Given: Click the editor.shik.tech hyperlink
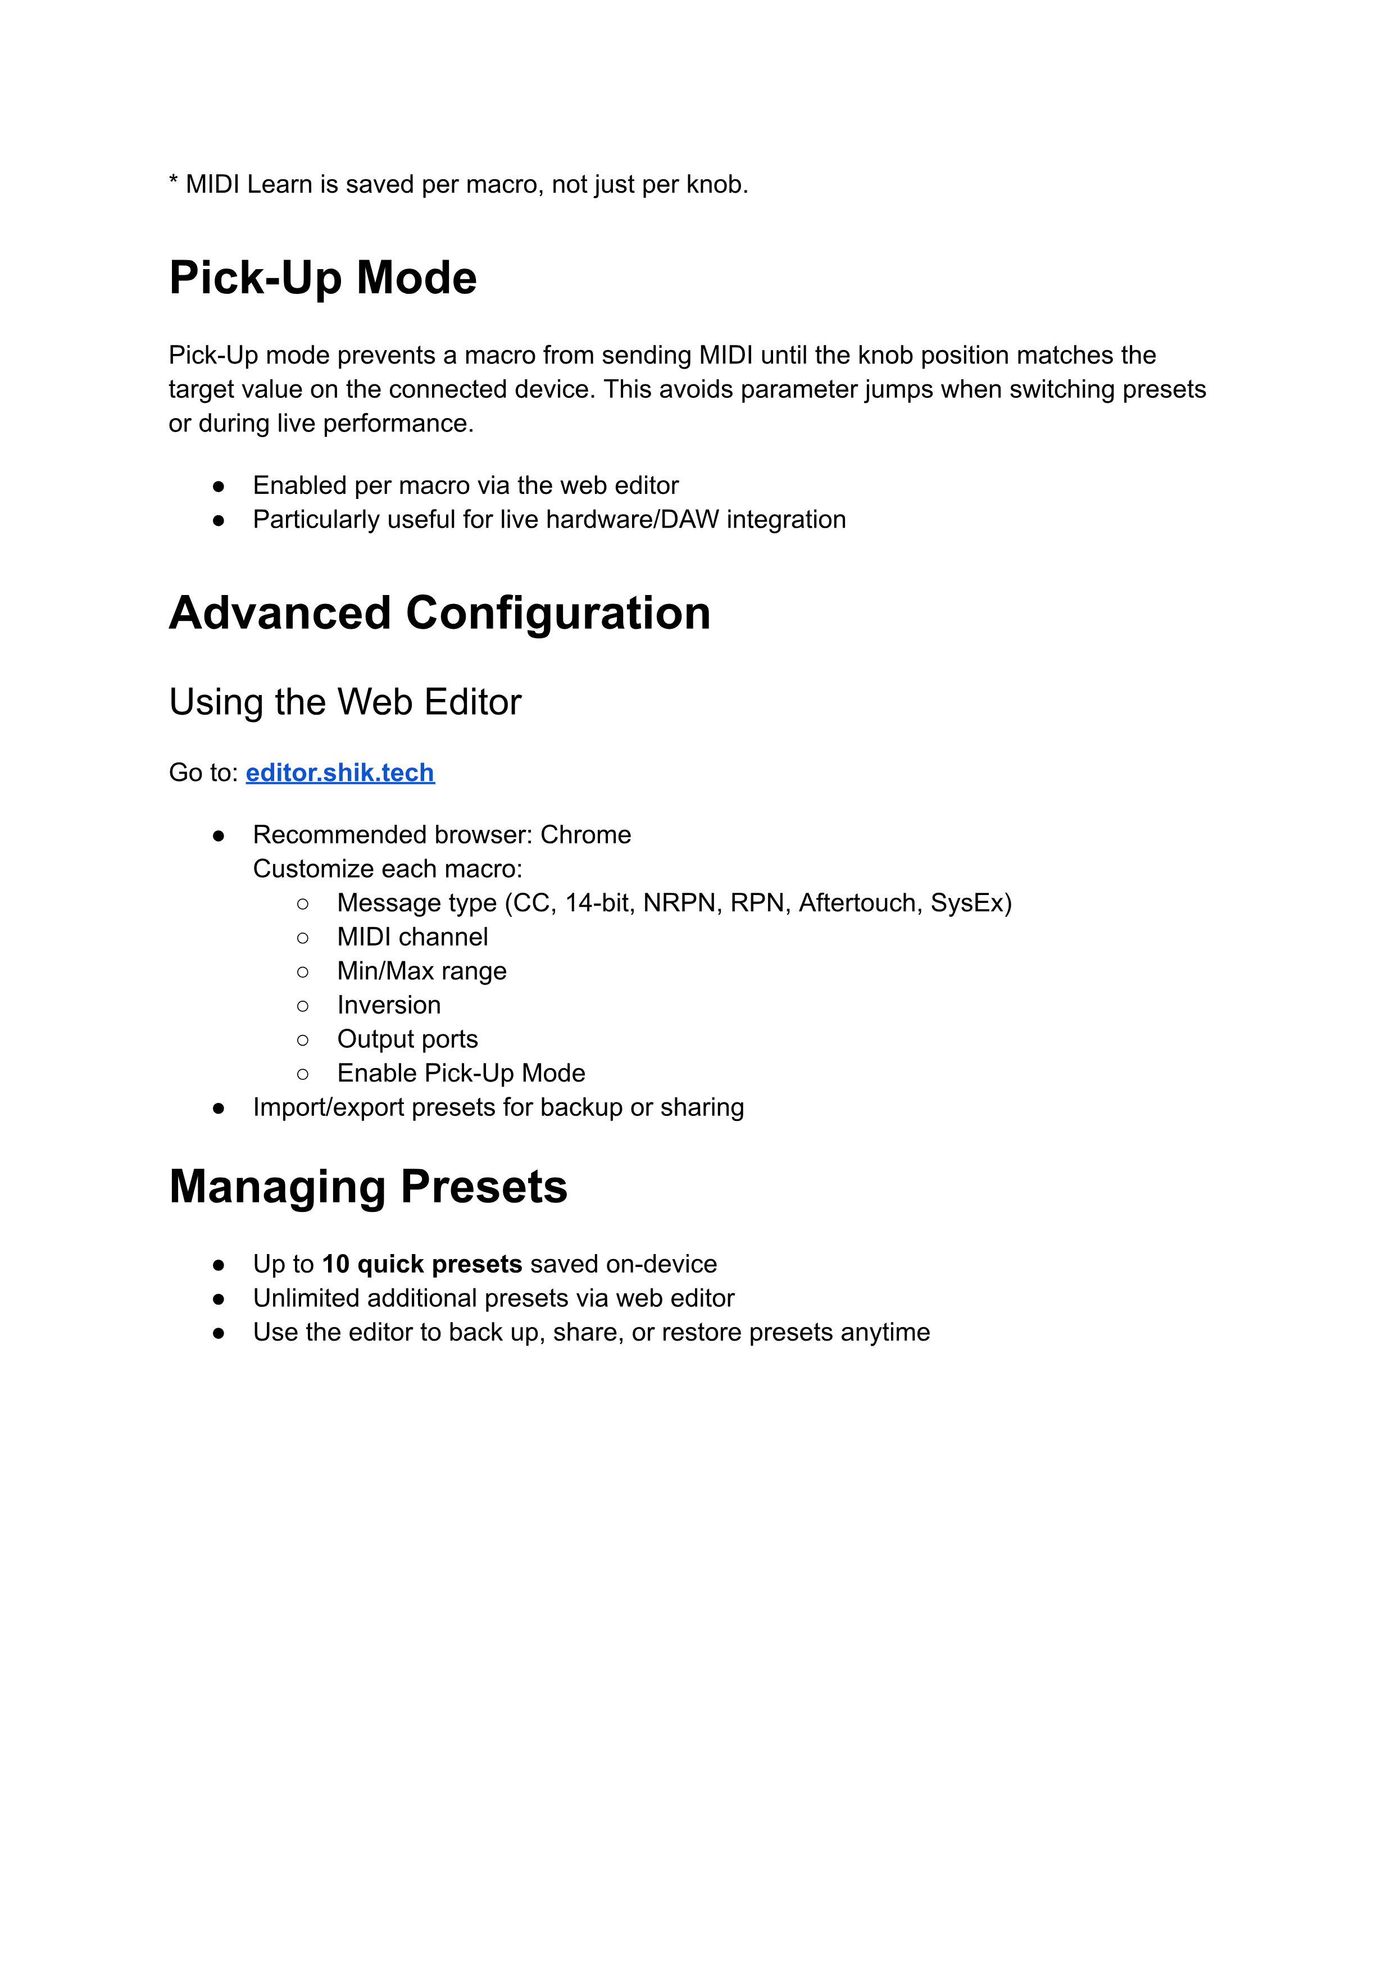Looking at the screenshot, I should coord(339,773).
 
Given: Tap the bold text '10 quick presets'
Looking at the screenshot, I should coord(422,1264).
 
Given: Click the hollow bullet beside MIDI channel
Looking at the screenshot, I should coord(302,938).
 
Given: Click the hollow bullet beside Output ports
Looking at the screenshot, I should coord(302,1040).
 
